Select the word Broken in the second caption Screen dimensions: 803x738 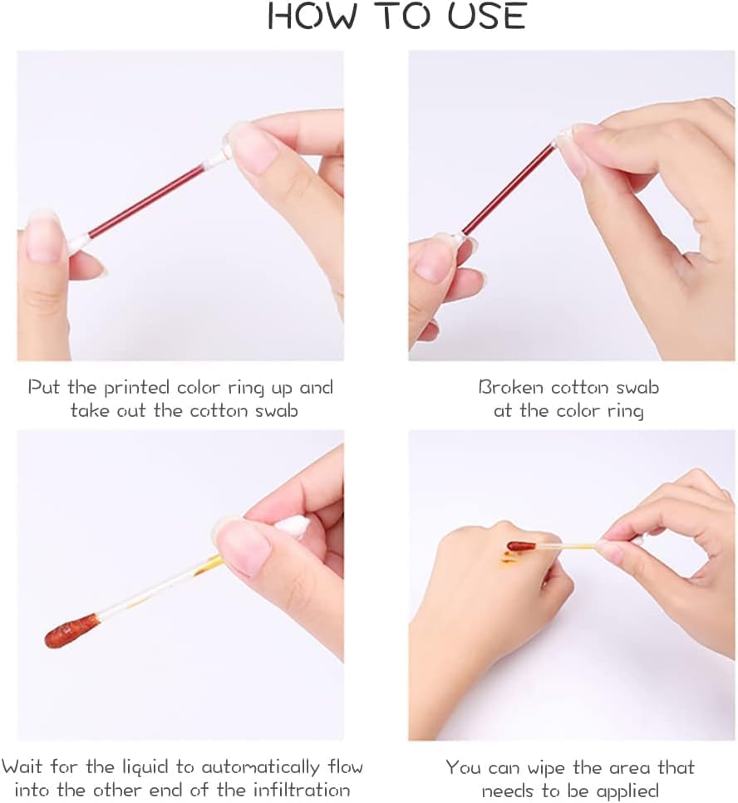(509, 387)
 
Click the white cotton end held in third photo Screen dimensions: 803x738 (293, 527)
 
